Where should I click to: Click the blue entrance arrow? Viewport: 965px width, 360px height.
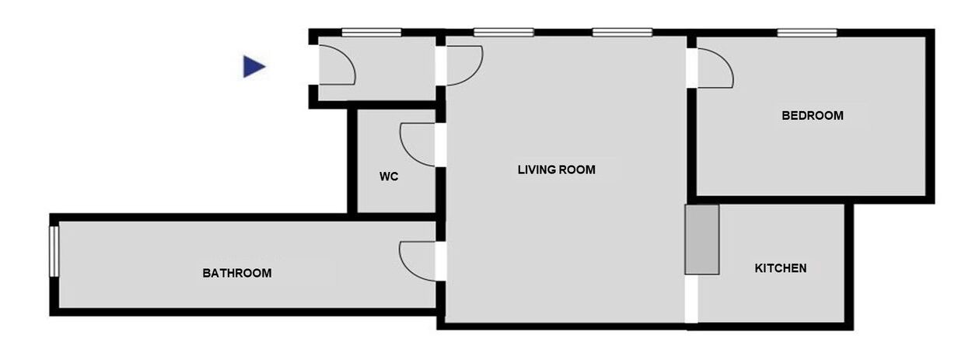tap(253, 67)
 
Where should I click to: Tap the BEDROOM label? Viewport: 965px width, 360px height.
tap(813, 115)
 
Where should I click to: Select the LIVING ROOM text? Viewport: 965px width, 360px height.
tap(557, 170)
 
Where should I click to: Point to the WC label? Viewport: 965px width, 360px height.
tap(389, 177)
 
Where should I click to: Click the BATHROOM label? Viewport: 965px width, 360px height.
tap(237, 273)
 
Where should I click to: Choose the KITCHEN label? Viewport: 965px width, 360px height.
tap(781, 268)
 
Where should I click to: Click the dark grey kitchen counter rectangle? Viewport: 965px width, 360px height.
tap(702, 239)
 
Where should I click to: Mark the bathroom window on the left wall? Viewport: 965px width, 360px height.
tap(54, 251)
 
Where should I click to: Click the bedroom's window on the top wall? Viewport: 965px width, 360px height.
tap(807, 33)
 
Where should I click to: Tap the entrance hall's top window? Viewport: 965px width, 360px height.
tap(372, 33)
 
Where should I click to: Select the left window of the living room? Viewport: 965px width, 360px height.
tap(504, 33)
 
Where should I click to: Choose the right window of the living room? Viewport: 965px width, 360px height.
tap(622, 33)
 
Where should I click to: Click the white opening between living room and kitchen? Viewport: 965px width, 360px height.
tap(691, 299)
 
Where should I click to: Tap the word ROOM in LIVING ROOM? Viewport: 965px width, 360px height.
tap(577, 170)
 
